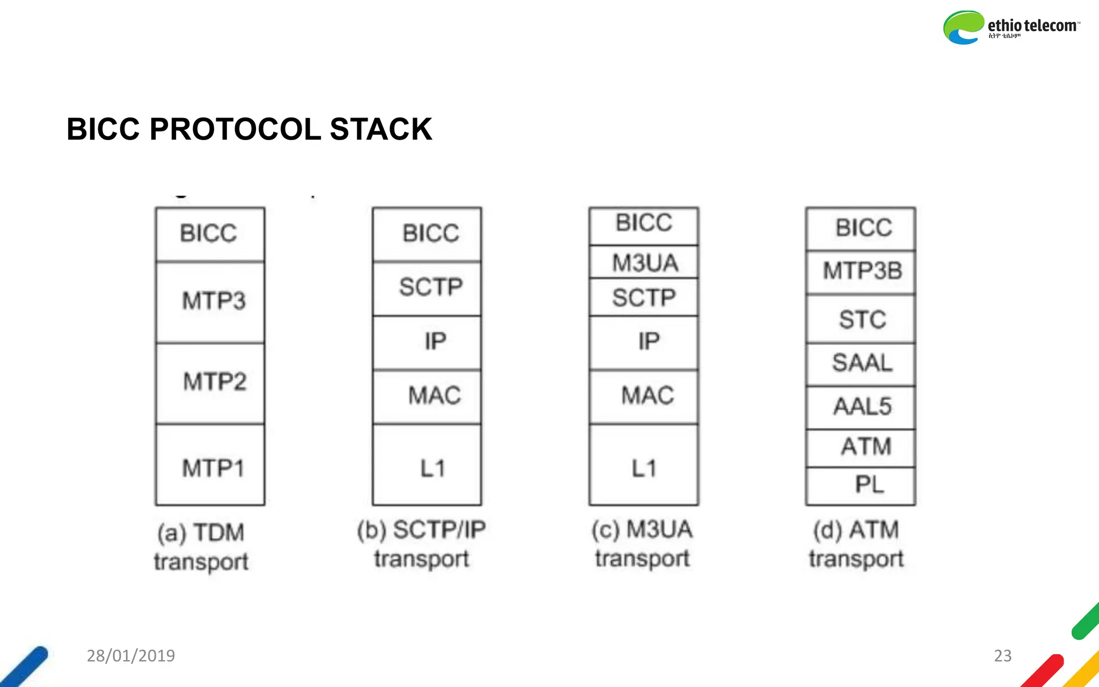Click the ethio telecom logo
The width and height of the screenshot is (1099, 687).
[1011, 27]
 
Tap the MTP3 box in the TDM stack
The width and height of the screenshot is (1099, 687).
[210, 302]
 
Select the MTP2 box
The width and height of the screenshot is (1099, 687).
[210, 383]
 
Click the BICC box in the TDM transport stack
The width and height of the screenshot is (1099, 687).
[210, 234]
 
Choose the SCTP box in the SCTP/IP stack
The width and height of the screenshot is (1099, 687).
[427, 288]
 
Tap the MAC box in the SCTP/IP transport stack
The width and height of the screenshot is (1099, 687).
[427, 396]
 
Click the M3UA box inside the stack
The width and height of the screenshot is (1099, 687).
[644, 262]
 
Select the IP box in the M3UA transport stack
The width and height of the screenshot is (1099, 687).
[644, 342]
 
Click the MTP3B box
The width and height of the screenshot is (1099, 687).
[861, 272]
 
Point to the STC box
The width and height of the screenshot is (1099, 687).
[861, 319]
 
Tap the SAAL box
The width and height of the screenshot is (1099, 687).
[861, 363]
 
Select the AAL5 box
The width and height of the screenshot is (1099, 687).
[861, 407]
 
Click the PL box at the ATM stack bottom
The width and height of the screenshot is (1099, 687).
[861, 485]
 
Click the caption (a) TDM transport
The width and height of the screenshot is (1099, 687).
[201, 547]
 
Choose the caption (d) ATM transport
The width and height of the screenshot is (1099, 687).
[856, 544]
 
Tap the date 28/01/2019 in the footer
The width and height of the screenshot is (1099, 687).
[131, 656]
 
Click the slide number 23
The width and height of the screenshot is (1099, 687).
[1002, 656]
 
